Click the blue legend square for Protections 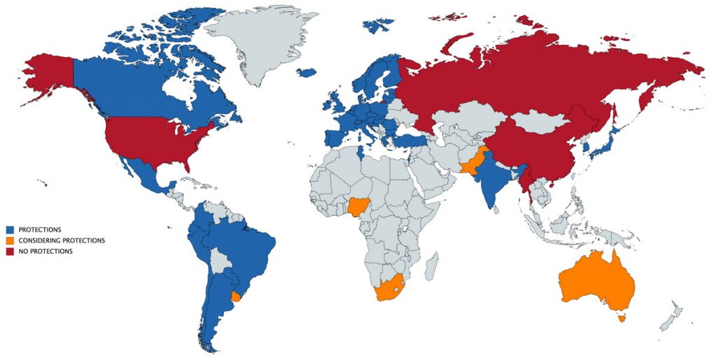(x=10, y=229)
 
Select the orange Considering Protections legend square (x=10, y=240)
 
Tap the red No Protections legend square (x=10, y=252)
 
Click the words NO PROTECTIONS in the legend (x=45, y=252)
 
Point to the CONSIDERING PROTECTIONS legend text (x=62, y=240)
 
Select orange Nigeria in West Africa (x=357, y=206)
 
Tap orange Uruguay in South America (x=236, y=296)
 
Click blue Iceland (x=306, y=72)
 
